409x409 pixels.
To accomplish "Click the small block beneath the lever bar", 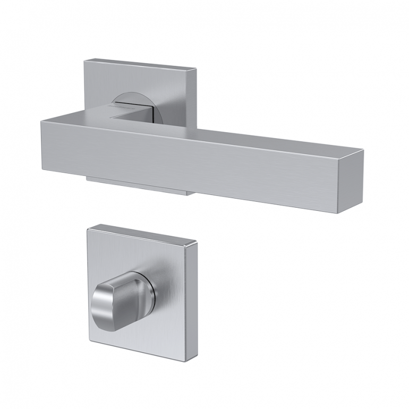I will click(x=138, y=184).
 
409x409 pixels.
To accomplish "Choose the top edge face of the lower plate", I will click(x=146, y=232).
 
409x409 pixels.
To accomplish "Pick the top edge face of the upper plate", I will click(x=141, y=63).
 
